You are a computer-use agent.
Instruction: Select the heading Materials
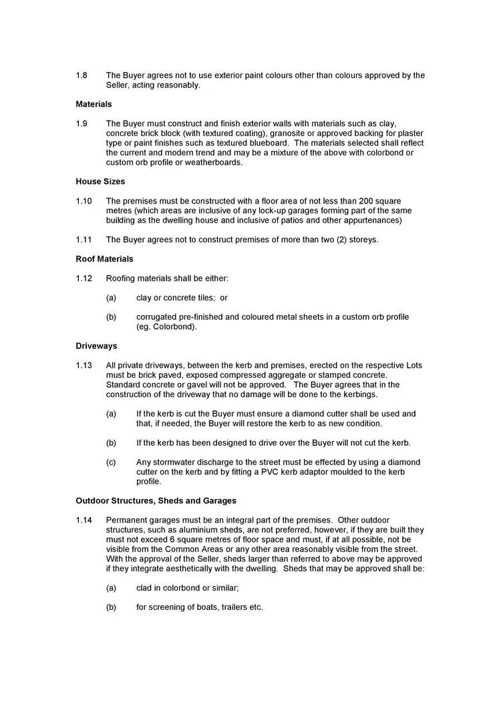point(94,104)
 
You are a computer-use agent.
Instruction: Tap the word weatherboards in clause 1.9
point(212,162)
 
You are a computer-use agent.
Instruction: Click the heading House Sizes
point(100,182)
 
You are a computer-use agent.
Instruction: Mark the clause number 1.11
point(83,240)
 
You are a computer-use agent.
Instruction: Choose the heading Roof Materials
point(105,259)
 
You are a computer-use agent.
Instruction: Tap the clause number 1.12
point(83,278)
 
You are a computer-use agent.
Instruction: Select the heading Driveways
point(96,346)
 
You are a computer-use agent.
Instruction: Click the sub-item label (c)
point(111,462)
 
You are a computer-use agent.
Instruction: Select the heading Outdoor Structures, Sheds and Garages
point(156,500)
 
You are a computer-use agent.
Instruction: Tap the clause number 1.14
point(83,520)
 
